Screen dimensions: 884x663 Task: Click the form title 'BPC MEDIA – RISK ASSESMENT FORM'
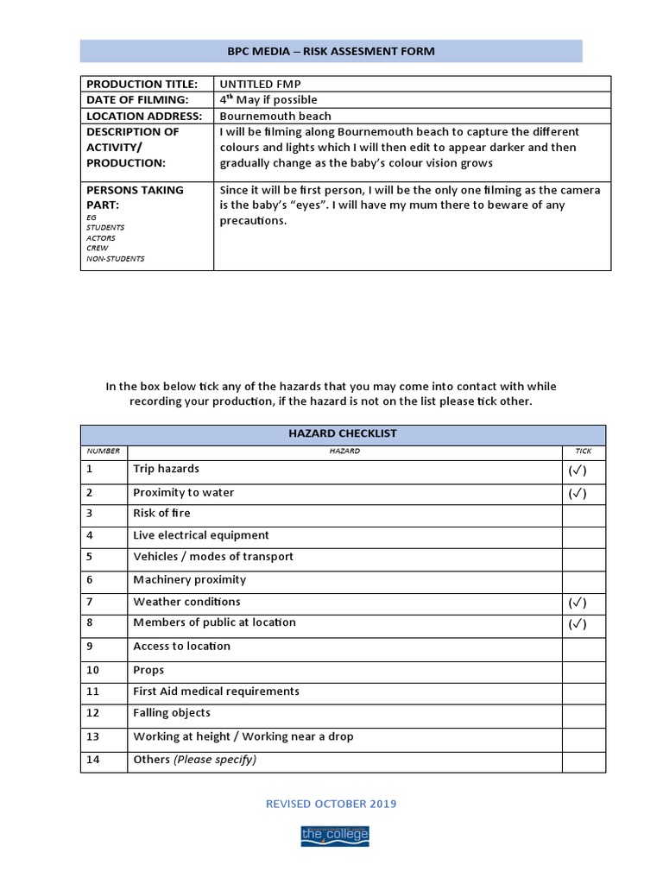click(x=331, y=51)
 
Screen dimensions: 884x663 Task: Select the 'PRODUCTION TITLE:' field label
click(x=142, y=84)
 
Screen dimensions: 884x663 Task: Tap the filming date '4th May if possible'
click(x=268, y=100)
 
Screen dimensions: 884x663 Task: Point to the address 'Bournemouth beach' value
click(x=275, y=116)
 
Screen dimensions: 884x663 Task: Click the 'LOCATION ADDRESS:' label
click(x=144, y=116)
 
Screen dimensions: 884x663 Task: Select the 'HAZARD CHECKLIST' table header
click(x=343, y=433)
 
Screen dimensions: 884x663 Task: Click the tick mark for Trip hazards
click(x=578, y=471)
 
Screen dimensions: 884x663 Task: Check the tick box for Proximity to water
click(x=578, y=494)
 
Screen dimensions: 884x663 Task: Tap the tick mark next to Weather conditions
click(x=578, y=603)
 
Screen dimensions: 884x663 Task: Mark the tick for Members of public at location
click(x=578, y=624)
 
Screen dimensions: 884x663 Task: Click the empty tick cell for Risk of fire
click(x=584, y=515)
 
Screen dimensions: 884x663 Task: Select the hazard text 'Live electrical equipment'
click(x=201, y=535)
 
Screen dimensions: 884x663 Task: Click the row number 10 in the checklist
click(x=93, y=670)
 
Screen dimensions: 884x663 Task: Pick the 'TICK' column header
click(x=584, y=451)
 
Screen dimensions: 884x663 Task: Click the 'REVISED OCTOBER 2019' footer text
click(x=331, y=804)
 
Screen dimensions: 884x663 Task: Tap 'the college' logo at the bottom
click(x=334, y=835)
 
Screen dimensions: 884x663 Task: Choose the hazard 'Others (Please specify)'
click(x=194, y=760)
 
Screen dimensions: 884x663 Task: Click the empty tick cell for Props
click(x=584, y=670)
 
